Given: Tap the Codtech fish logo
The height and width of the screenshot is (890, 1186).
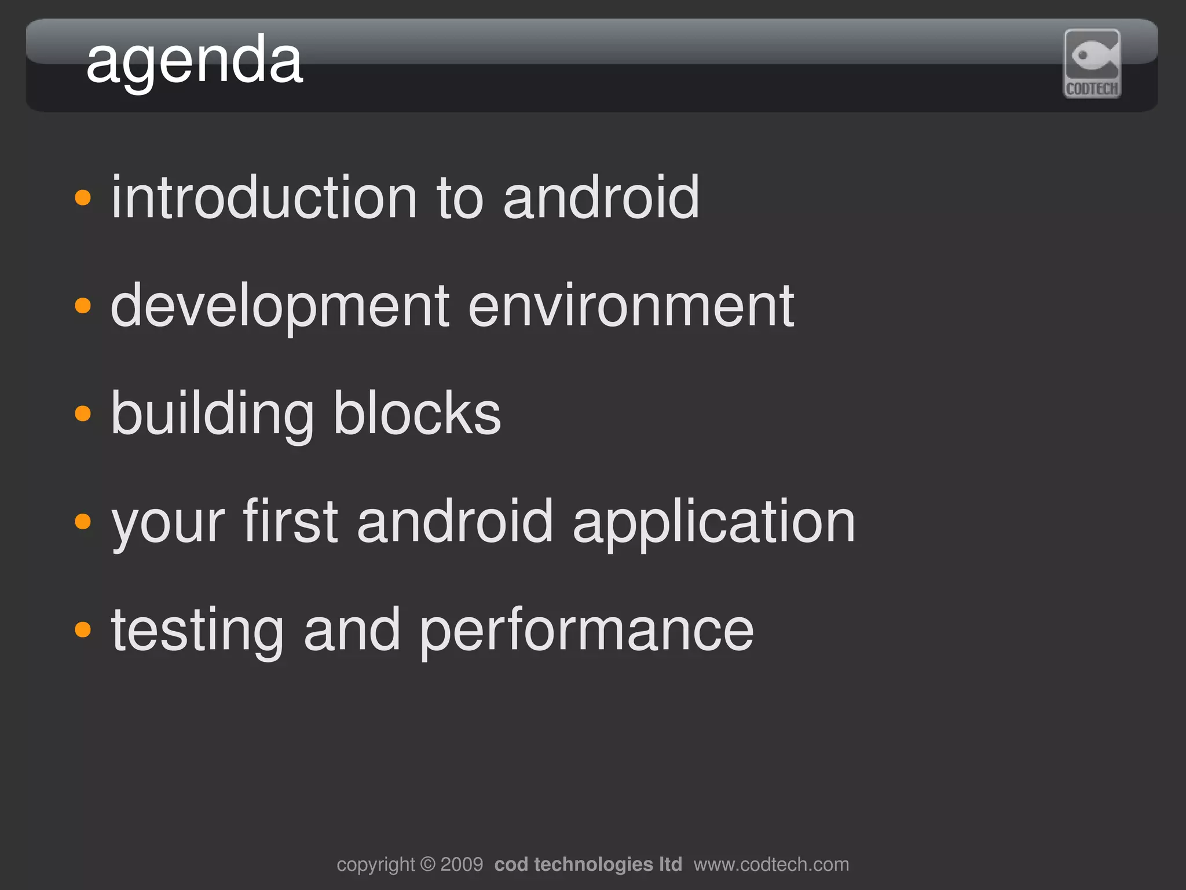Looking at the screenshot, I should point(1092,64).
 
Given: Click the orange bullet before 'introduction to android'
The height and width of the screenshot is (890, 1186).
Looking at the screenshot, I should point(83,197).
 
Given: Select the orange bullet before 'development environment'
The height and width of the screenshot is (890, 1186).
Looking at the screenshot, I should point(83,305).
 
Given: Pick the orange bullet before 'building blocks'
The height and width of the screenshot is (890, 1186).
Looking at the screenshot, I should point(83,413).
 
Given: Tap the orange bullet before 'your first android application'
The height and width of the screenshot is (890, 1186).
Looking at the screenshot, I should point(83,521).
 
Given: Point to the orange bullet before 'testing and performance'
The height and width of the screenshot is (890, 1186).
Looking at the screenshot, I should point(83,629).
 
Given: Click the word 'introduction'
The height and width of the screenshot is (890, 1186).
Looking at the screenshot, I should point(264,197).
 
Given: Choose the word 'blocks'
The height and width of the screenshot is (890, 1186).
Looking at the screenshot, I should point(417,413).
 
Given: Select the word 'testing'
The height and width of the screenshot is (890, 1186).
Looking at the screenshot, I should point(197,631).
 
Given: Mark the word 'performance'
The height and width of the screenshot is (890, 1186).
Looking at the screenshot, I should point(587,631).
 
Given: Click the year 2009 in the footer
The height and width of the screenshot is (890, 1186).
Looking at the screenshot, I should point(462,865).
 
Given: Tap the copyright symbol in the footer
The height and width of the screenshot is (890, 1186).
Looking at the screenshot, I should point(428,865).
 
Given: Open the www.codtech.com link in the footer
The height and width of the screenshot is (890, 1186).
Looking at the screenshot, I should point(771,865).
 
